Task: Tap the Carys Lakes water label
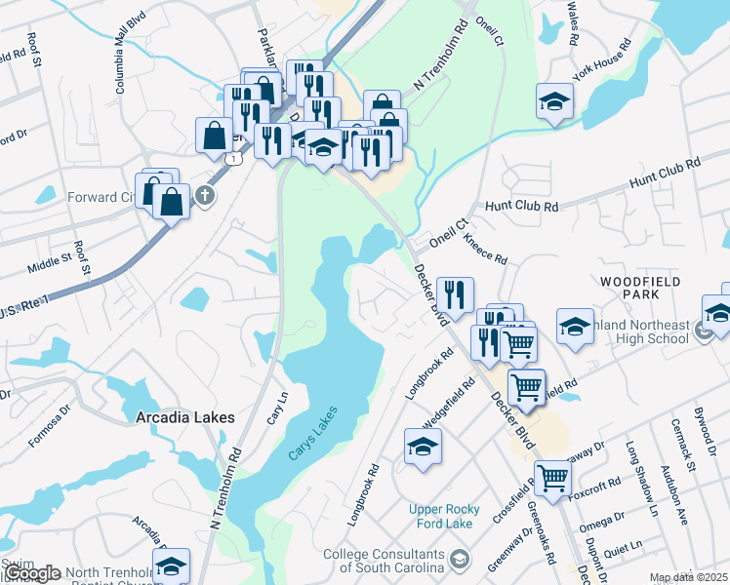tap(313, 434)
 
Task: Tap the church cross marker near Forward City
tap(204, 195)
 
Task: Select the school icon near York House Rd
tap(554, 100)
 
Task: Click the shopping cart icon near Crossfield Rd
tap(552, 477)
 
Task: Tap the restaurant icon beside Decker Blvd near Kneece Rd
tap(455, 293)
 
